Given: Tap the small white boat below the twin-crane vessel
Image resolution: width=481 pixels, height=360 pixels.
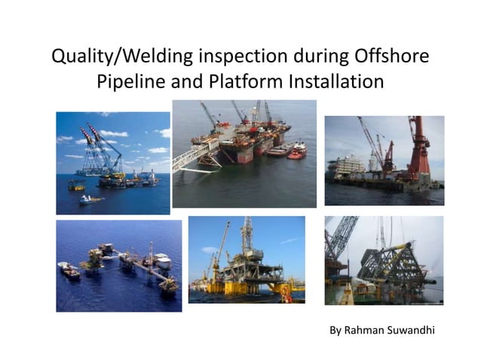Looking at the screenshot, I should (88, 199).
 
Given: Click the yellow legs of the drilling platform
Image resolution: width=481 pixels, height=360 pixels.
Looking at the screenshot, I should (249, 286).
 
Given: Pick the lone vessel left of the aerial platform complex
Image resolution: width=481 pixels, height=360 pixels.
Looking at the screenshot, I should (69, 270).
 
